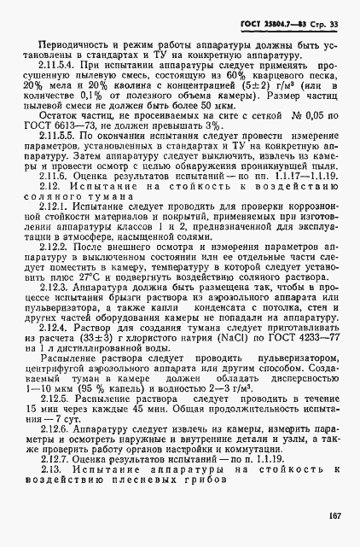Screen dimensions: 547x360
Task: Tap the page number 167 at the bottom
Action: point(334,514)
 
